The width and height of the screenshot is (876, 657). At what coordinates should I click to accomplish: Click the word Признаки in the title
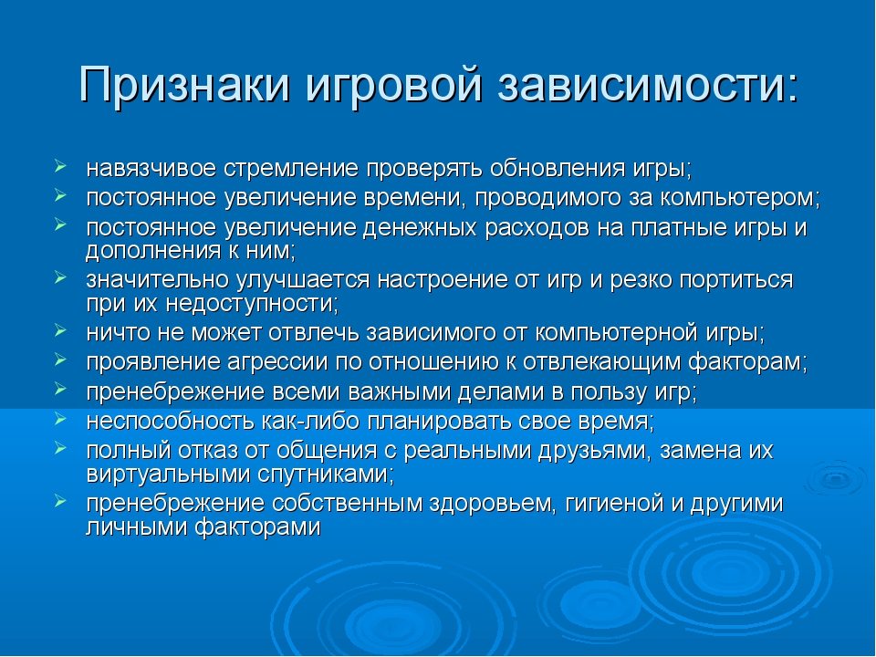pyautogui.click(x=184, y=84)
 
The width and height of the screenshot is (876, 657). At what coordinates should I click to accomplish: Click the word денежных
pyautogui.click(x=420, y=228)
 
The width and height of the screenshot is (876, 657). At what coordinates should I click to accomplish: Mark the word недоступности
pyautogui.click(x=253, y=303)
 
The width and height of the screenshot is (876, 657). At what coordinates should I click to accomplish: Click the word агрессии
pyautogui.click(x=277, y=362)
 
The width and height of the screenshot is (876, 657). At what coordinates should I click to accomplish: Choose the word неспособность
pyautogui.click(x=170, y=421)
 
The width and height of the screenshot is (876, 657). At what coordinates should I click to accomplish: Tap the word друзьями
pyautogui.click(x=594, y=451)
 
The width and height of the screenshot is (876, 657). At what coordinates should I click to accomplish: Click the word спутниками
pyautogui.click(x=326, y=474)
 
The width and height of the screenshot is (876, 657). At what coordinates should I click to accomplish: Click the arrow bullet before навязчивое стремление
pyautogui.click(x=61, y=166)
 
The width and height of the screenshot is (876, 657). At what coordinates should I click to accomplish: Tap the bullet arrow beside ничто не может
pyautogui.click(x=61, y=329)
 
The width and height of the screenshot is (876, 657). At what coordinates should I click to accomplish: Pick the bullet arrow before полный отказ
pyautogui.click(x=61, y=447)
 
